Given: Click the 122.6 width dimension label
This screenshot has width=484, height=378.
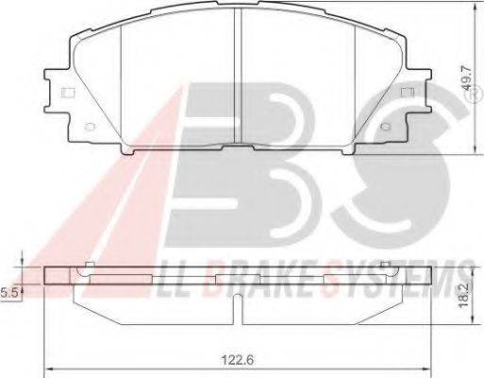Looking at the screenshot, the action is (238, 359).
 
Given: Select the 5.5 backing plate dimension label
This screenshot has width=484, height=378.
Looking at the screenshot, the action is (8, 293).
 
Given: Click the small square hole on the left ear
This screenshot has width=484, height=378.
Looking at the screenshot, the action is (67, 93).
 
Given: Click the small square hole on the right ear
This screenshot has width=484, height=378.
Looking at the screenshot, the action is (408, 93).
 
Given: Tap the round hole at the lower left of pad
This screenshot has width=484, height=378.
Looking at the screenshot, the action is (90, 127).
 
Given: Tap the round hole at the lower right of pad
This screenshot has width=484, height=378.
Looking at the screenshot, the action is (384, 127).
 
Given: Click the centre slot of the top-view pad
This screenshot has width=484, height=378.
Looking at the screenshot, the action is (238, 76).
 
